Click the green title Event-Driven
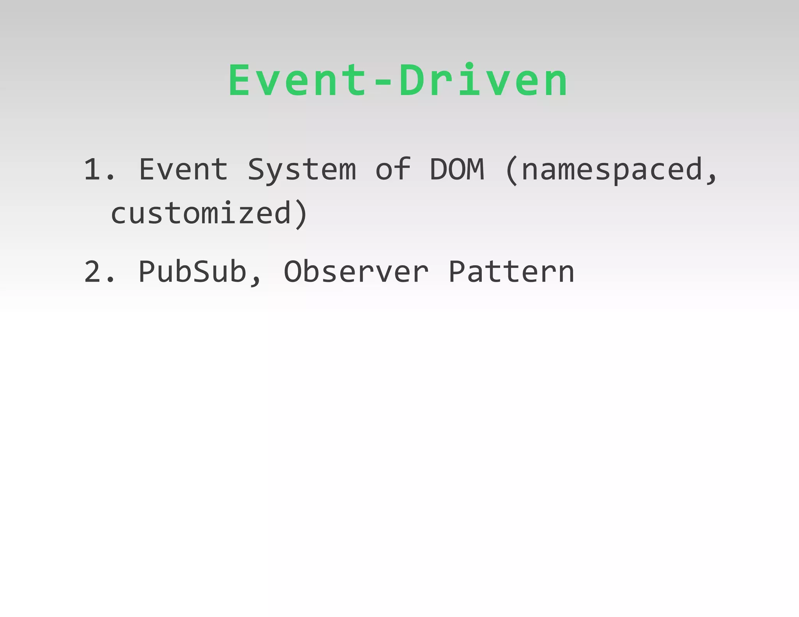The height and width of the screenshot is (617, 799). coord(398,81)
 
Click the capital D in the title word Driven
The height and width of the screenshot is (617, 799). coord(412,81)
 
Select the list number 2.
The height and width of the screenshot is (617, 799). coord(94,272)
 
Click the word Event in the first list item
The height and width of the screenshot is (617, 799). coord(183,170)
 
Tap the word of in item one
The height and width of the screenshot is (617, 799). coord(393,170)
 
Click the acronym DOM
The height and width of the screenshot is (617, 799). coord(457,170)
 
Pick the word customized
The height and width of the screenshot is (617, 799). coord(201,214)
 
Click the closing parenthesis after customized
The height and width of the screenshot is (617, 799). coord(302,215)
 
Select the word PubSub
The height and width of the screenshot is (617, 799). coord(192,272)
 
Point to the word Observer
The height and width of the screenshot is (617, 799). coord(356,272)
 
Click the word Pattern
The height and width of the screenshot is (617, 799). coord(511,272)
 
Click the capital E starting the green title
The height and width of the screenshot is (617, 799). coord(239,81)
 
